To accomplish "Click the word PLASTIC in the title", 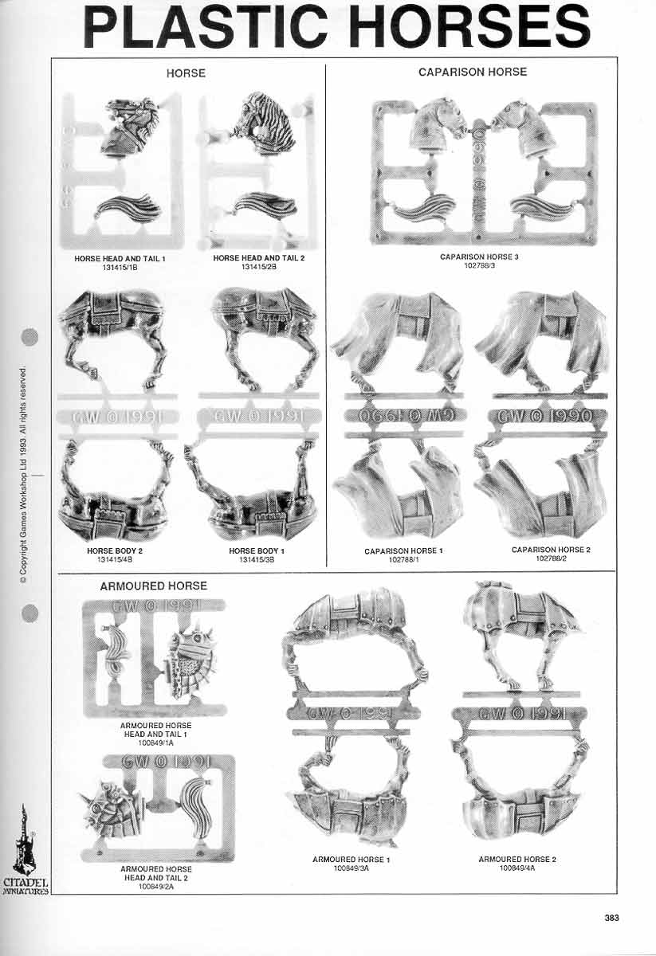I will pyautogui.click(x=211, y=28).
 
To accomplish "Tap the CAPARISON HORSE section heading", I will pyautogui.click(x=473, y=72).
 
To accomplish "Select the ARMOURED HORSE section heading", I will pyautogui.click(x=153, y=586).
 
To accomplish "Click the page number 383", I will pyautogui.click(x=611, y=918).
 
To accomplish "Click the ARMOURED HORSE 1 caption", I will pyautogui.click(x=351, y=860).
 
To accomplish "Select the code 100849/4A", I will pyautogui.click(x=517, y=868).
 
